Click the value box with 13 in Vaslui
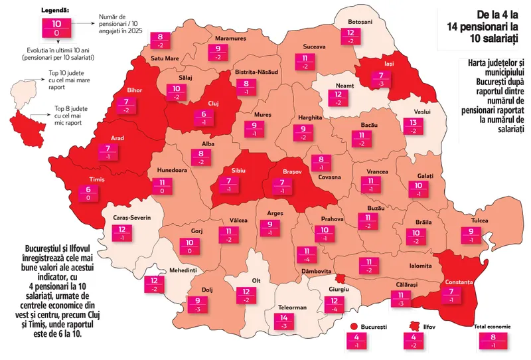coord(414,126)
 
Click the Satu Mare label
coord(165,58)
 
